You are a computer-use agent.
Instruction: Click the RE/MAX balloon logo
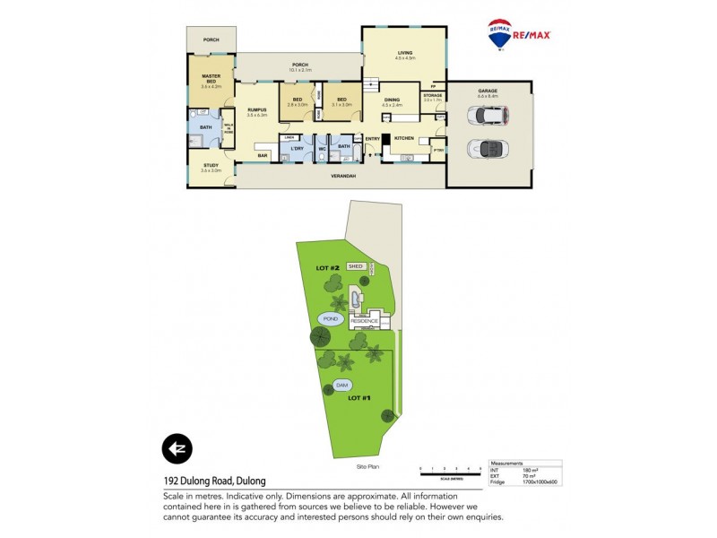[x=499, y=33]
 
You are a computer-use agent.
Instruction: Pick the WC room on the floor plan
[x=320, y=148]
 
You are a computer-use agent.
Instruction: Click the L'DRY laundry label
[x=291, y=147]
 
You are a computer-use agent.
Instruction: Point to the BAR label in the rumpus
[x=263, y=156]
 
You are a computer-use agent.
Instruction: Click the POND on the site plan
[x=329, y=318]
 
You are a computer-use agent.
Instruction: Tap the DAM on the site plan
[x=341, y=386]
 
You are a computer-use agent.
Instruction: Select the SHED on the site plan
[x=356, y=266]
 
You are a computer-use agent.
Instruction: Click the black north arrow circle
[x=177, y=448]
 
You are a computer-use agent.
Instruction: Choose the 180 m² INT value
[x=529, y=469]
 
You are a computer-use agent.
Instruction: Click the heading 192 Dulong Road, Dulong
[x=214, y=482]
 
